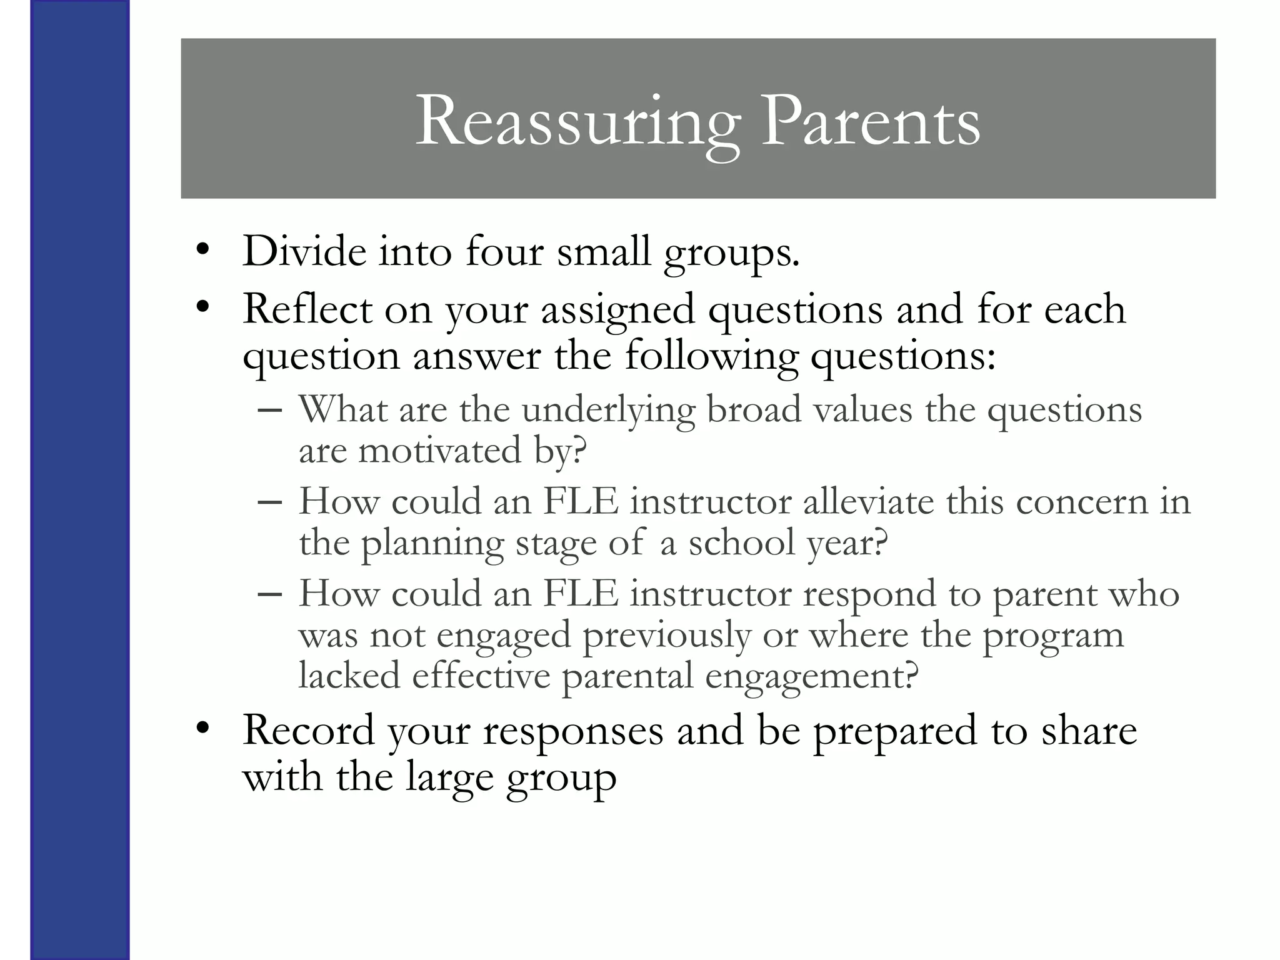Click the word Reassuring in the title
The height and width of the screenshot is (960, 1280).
577,122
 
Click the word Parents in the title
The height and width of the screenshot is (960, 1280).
870,122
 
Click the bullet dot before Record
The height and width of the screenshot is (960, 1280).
201,728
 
